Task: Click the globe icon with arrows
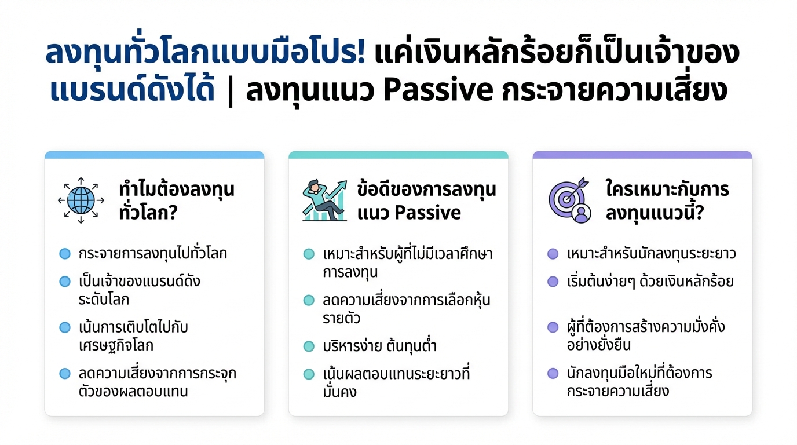(x=81, y=200)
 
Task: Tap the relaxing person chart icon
(x=324, y=200)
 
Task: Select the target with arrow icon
(x=569, y=200)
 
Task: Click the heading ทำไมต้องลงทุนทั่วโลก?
(x=176, y=200)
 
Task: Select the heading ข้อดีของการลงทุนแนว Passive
(x=426, y=200)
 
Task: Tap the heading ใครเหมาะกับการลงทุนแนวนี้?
(x=667, y=200)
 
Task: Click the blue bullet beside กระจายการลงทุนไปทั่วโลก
(x=65, y=254)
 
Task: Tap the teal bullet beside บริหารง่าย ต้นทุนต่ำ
(x=309, y=346)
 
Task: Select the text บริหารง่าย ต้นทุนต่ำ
(x=379, y=346)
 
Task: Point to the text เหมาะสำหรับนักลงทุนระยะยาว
(x=652, y=254)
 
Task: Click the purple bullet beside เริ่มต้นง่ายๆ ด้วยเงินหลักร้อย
(x=553, y=282)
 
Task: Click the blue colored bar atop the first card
(x=154, y=155)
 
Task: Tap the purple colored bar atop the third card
(x=642, y=155)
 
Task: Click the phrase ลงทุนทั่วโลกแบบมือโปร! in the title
(x=206, y=54)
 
